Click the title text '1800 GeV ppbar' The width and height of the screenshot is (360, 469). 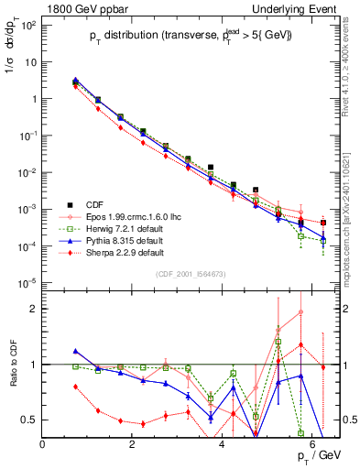click(82, 7)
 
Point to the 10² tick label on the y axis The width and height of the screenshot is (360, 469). click(27, 25)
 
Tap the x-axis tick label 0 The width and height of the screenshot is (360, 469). click(42, 445)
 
